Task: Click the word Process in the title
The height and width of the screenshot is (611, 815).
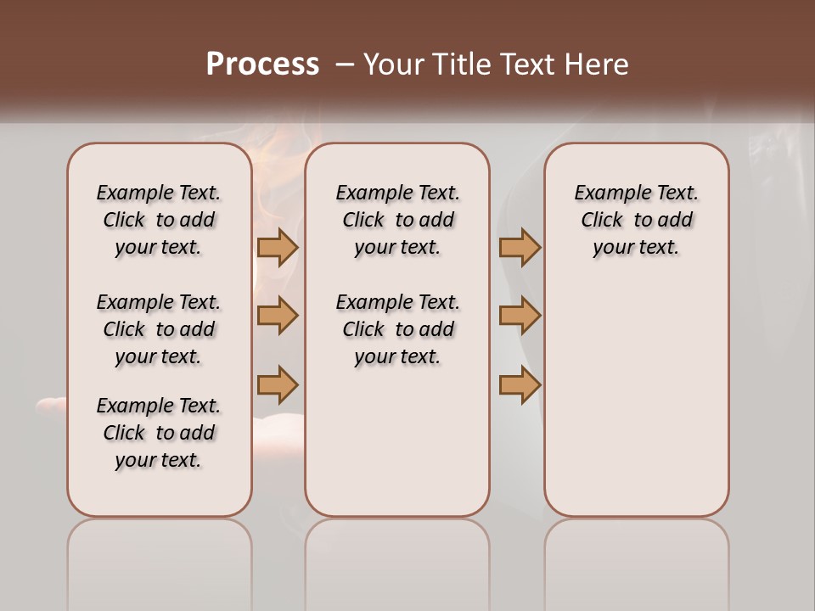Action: [x=262, y=64]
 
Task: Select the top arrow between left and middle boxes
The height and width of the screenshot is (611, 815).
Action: [x=278, y=247]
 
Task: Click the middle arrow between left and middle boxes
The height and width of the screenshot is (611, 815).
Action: [x=278, y=316]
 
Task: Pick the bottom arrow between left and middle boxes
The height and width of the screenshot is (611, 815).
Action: [x=278, y=384]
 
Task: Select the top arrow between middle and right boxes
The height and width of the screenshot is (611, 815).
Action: [x=520, y=247]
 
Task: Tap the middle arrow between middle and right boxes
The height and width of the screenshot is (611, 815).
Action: [x=520, y=316]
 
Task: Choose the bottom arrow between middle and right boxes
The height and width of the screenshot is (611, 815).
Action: [x=520, y=384]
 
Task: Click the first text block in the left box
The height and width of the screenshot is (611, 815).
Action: [x=159, y=220]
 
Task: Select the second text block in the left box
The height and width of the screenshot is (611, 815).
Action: [x=159, y=329]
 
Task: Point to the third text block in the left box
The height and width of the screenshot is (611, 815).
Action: [x=159, y=433]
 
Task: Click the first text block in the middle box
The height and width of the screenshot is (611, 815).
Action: [x=397, y=220]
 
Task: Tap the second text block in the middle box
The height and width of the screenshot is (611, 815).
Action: [x=397, y=329]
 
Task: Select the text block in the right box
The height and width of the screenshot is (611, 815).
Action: [x=636, y=220]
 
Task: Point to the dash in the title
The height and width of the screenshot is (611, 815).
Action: [x=345, y=64]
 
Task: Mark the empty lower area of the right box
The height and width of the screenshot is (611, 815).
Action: [x=636, y=399]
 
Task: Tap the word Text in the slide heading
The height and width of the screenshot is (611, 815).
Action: [x=527, y=64]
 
